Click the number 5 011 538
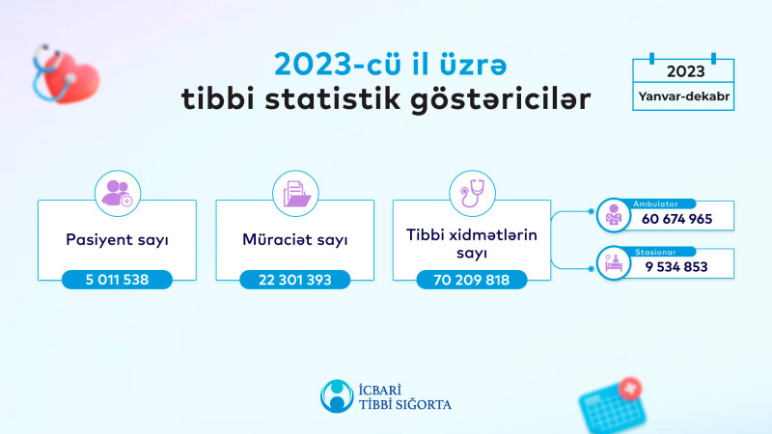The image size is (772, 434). [117, 281]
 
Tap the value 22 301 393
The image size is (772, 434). [294, 281]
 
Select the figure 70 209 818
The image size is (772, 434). [472, 281]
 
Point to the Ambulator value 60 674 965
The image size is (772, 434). [675, 219]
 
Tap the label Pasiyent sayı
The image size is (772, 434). [117, 238]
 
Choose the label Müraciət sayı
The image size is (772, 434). [294, 238]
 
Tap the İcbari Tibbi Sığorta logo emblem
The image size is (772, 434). [337, 394]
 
